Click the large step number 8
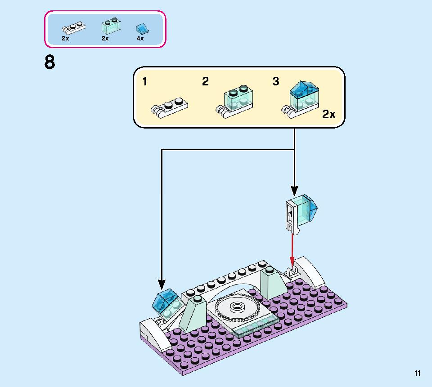coord(49,62)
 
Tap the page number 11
coord(418,373)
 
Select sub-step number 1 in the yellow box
coord(145,81)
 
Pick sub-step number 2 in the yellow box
coord(205,81)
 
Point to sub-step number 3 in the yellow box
coord(275,81)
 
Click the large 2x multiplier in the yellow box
coord(329,115)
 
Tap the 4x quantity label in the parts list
coord(140,39)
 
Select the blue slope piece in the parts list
coord(142,29)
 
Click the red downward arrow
coord(292,252)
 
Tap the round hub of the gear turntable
coord(235,307)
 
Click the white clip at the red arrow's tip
coord(292,272)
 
